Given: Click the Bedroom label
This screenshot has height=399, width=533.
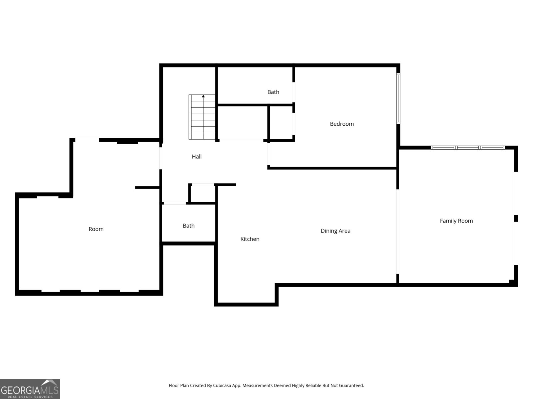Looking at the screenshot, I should [342, 124].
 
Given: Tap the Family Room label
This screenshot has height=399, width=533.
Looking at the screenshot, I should [456, 221].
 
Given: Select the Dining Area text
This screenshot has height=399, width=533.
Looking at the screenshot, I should [335, 231].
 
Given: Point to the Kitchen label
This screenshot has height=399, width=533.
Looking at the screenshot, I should [250, 239].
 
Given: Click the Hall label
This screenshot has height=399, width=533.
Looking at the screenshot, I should [197, 157].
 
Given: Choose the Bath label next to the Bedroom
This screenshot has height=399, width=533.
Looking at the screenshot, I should [273, 92].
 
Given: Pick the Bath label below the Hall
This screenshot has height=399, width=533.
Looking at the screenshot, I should [189, 226].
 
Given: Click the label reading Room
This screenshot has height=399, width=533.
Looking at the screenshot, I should [96, 229].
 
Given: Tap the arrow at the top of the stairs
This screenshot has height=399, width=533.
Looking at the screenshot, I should [203, 96].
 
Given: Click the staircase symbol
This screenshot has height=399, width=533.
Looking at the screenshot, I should [203, 117].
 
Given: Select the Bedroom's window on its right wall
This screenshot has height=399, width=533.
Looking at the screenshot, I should [398, 98].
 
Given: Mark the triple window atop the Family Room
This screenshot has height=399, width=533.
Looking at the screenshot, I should [468, 147].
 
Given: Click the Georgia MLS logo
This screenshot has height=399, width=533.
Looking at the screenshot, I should [30, 389].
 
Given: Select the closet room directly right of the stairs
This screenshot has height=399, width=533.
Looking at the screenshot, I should [243, 122].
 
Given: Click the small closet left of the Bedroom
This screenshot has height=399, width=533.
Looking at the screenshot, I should [281, 123].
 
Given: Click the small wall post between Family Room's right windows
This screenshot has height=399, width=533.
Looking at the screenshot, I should [516, 218].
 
